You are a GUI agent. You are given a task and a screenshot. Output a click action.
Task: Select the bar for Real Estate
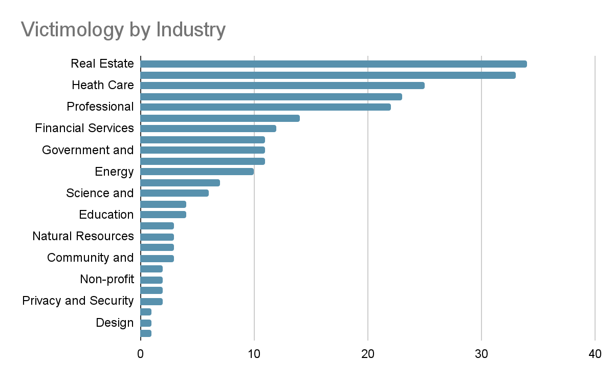click(x=333, y=64)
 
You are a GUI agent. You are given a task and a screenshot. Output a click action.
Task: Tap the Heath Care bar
click(x=282, y=86)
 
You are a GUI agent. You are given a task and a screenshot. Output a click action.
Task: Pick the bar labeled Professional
click(x=265, y=107)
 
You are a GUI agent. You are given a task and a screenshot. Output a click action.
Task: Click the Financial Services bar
click(x=208, y=129)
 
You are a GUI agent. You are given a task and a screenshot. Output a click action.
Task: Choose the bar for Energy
click(x=197, y=172)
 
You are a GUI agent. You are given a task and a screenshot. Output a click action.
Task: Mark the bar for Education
click(x=163, y=215)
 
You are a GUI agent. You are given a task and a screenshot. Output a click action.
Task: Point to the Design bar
click(x=146, y=323)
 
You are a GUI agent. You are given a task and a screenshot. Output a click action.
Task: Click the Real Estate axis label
click(x=102, y=64)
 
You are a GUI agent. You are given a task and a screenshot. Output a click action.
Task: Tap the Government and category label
click(x=87, y=150)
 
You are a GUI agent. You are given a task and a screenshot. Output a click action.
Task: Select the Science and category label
click(x=100, y=193)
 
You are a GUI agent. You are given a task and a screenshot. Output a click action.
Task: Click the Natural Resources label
click(x=83, y=236)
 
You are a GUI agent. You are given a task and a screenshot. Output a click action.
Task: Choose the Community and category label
click(x=90, y=258)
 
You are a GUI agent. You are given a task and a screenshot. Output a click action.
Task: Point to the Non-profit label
click(x=107, y=279)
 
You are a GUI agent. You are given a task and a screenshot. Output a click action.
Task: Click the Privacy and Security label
click(x=78, y=301)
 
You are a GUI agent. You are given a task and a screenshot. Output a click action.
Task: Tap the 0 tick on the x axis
click(x=140, y=354)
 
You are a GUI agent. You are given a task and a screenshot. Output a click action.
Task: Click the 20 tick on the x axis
click(x=367, y=354)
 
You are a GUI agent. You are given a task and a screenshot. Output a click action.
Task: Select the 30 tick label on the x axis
click(x=481, y=354)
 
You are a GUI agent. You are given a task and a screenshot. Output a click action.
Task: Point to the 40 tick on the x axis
click(x=595, y=354)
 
